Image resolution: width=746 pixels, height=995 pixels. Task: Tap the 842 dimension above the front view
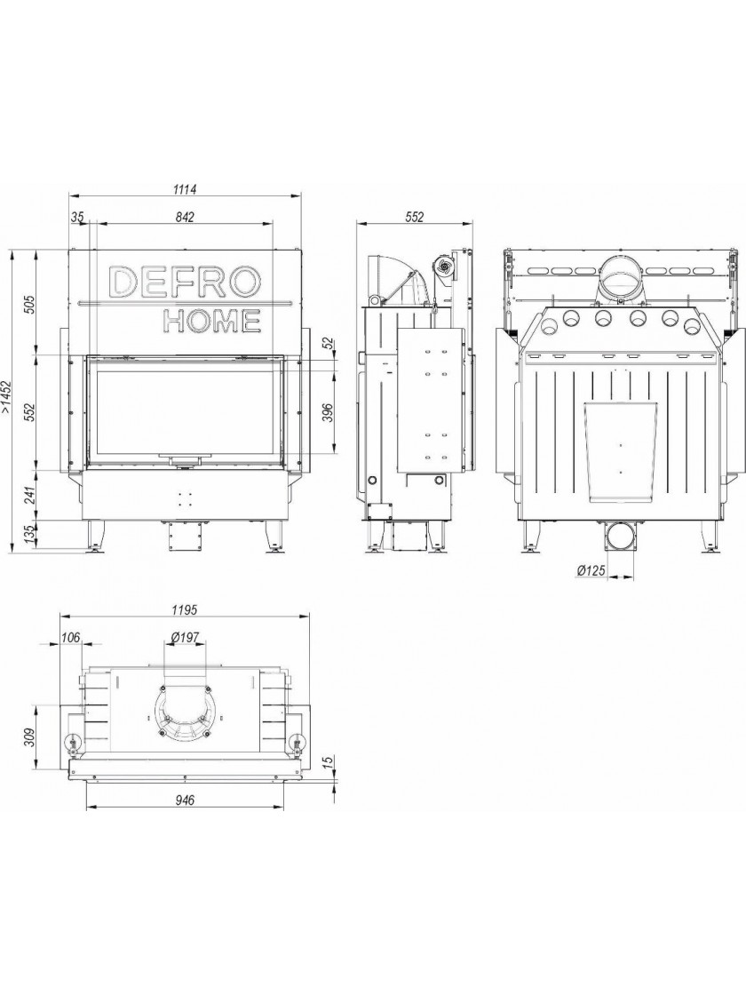pos(184,217)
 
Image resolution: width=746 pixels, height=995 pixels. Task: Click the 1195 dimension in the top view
pos(185,609)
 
